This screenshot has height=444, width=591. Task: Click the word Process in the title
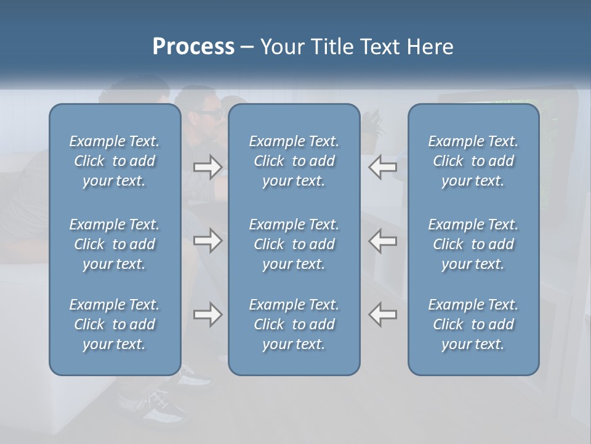point(193,47)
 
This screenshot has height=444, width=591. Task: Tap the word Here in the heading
point(430,47)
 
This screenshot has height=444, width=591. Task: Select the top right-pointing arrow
point(207,167)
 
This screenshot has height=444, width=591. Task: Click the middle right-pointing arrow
point(207,240)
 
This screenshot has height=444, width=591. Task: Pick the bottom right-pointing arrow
point(207,314)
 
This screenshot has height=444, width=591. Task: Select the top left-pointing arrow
point(383,167)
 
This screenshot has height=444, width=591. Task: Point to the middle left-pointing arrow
point(383,240)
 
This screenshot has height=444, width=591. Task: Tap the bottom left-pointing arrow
point(383,314)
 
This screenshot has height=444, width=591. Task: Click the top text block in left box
point(115,161)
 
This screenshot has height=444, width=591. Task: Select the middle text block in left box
point(115,244)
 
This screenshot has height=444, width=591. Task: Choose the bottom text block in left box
point(115,324)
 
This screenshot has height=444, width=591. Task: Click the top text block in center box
point(294,161)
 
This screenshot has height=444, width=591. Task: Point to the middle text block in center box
point(294,244)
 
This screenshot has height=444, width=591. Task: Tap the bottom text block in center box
point(294,324)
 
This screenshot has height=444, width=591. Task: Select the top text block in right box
point(473,161)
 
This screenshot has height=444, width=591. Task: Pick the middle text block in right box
point(473,244)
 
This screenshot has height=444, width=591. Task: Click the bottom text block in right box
point(473,324)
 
